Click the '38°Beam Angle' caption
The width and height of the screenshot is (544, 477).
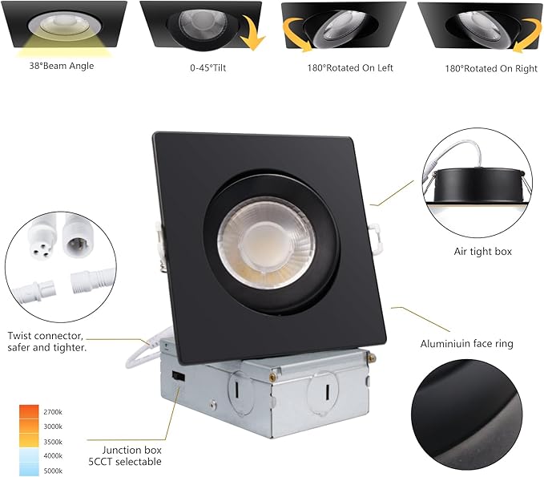click(62, 66)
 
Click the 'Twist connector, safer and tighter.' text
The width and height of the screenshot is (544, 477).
click(47, 342)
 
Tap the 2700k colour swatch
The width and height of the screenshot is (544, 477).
click(29, 411)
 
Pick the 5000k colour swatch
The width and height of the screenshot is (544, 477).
click(29, 470)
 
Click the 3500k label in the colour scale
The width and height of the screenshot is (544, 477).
click(54, 442)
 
